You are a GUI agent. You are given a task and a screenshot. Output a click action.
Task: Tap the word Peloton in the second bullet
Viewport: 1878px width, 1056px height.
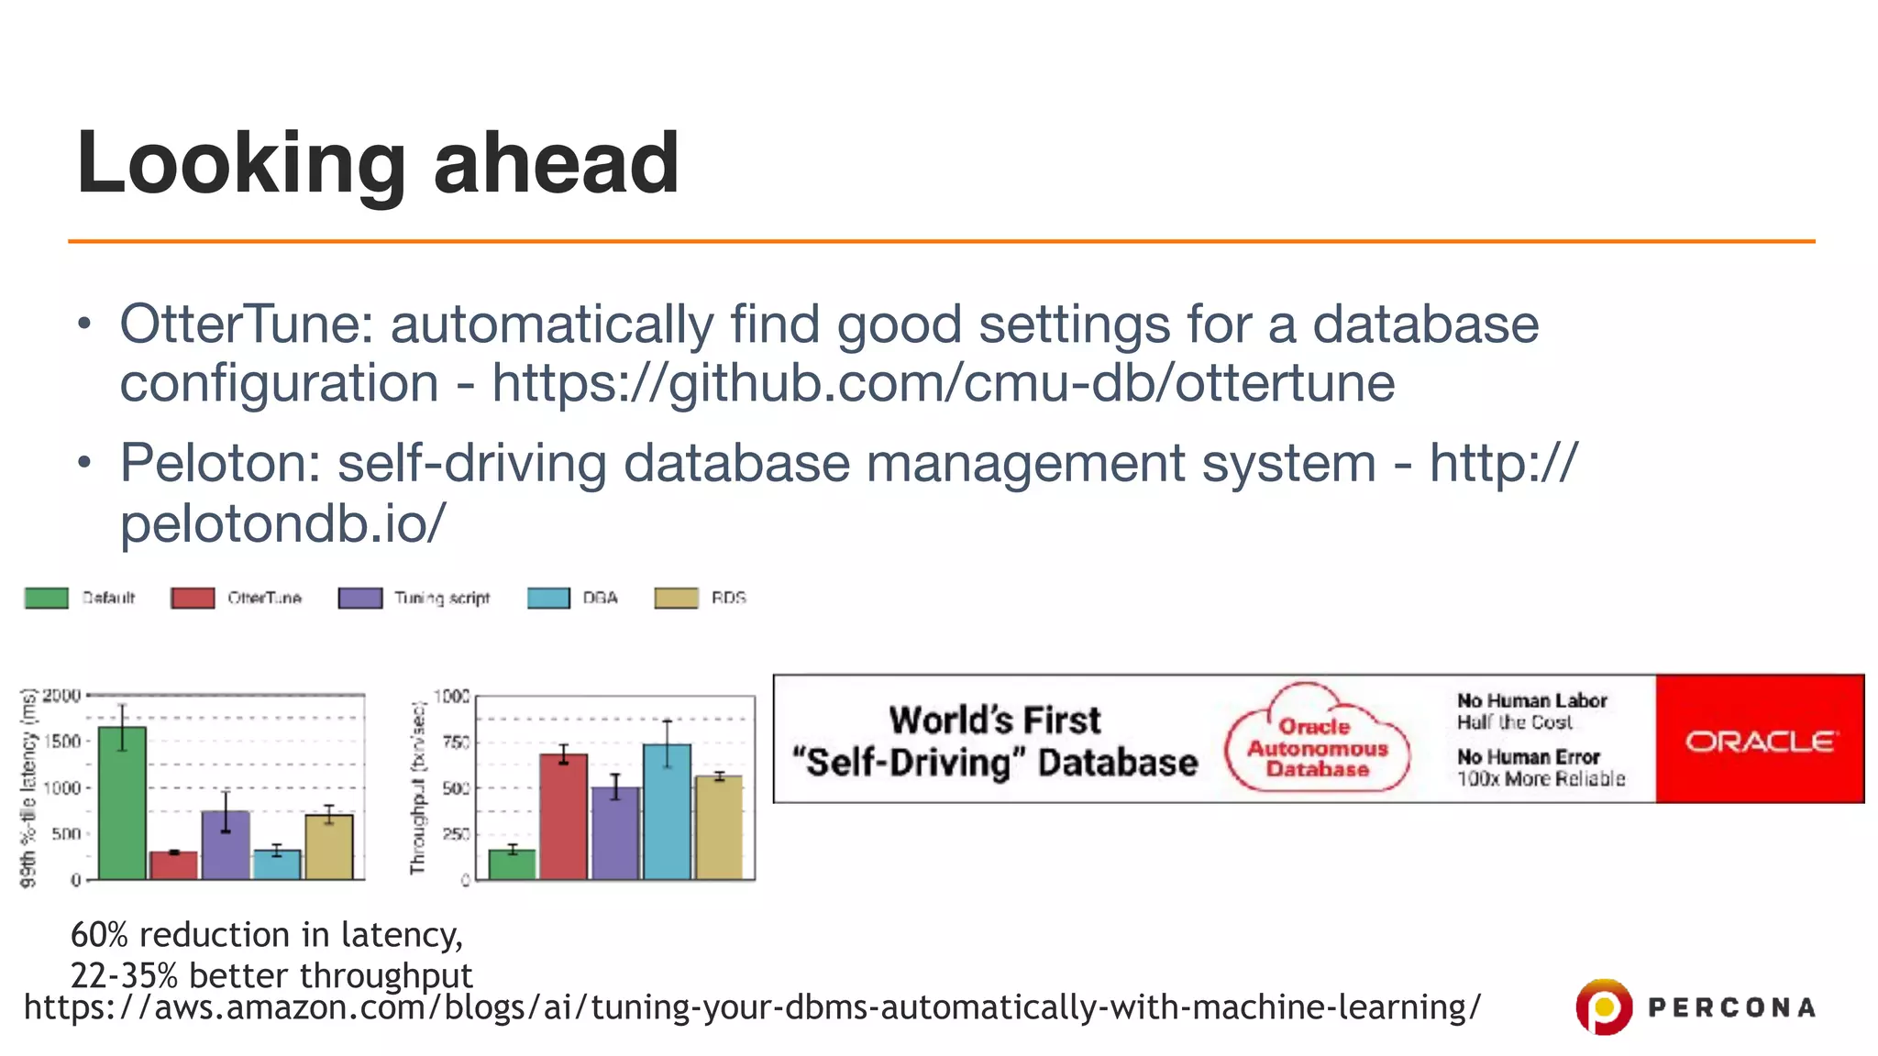(219, 463)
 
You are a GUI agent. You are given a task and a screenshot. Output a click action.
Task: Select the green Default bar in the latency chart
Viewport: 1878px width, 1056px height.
(122, 802)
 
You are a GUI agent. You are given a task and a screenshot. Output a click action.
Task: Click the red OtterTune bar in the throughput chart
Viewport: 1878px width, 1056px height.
(563, 816)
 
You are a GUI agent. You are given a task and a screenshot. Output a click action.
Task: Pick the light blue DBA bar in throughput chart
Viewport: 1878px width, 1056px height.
(667, 811)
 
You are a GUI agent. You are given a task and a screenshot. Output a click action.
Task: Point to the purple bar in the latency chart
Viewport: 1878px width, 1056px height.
(226, 844)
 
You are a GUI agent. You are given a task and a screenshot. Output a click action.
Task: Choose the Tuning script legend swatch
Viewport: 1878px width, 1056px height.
(360, 599)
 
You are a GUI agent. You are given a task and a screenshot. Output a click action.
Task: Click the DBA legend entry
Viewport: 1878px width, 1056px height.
(600, 599)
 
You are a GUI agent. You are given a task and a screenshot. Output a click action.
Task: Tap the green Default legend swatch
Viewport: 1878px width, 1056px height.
(47, 599)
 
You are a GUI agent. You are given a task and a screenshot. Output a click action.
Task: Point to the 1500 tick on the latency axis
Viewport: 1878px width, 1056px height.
(62, 741)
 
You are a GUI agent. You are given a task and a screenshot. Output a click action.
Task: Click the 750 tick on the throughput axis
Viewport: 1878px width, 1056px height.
(455, 742)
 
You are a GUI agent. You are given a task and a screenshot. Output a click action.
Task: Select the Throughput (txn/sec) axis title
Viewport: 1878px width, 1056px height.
(418, 787)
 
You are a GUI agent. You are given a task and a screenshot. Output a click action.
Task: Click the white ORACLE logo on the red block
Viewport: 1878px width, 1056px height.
(1760, 741)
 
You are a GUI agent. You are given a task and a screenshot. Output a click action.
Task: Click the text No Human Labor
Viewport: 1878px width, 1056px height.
(1531, 700)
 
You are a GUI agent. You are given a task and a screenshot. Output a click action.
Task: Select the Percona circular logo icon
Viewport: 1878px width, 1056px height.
(1603, 1006)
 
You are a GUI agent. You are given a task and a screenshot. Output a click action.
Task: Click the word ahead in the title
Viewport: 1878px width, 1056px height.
(556, 163)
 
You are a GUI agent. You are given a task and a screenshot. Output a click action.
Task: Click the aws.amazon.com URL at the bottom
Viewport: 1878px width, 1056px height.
(752, 1006)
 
